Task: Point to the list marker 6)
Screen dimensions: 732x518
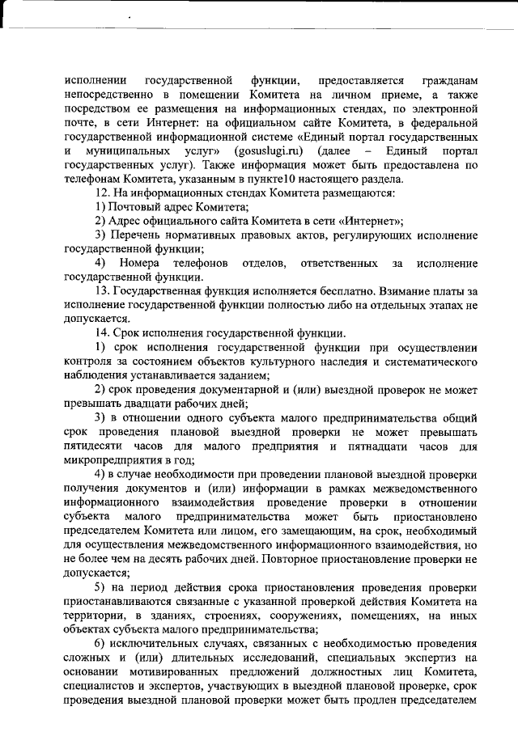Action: click(101, 641)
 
